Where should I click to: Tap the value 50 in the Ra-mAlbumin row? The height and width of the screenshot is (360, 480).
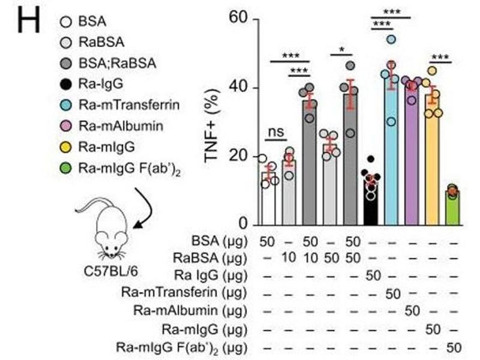coord(412,311)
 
